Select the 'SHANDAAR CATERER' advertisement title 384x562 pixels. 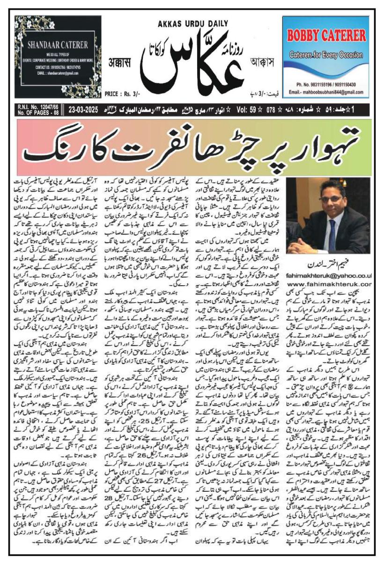pyautogui.click(x=58, y=45)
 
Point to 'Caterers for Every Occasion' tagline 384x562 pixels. pyautogui.click(x=327, y=55)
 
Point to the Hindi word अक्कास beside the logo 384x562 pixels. pyautogui.click(x=117, y=76)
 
